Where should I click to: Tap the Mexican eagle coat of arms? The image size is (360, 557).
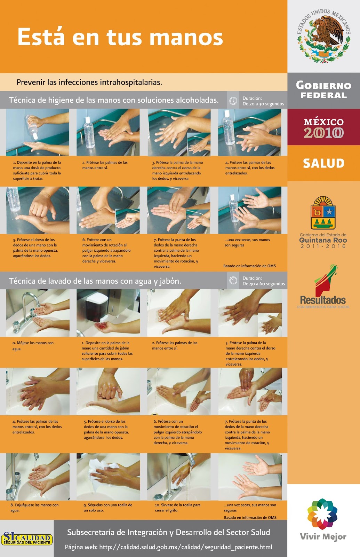[323, 37]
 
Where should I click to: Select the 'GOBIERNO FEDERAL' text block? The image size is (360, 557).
[323, 91]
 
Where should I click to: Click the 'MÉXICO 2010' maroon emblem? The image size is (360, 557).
[323, 128]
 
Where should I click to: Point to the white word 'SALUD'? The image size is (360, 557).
[323, 163]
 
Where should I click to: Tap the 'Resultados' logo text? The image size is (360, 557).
[323, 300]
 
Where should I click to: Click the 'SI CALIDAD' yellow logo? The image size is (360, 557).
[27, 539]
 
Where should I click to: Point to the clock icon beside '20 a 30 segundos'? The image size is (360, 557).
[233, 101]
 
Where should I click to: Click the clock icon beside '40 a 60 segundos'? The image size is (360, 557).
[233, 281]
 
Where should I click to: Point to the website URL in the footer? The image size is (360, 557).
[185, 547]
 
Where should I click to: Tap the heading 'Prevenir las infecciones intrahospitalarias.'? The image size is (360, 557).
[89, 83]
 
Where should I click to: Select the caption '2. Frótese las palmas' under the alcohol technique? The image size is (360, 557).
[105, 165]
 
